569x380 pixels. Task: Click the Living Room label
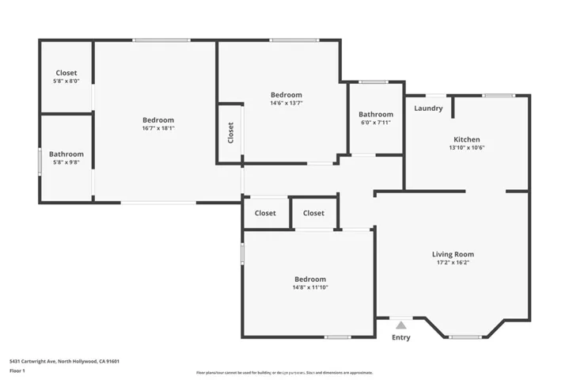click(453, 254)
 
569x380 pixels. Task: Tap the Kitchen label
click(466, 139)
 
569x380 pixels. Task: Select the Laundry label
click(428, 108)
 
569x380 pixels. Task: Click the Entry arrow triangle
click(401, 325)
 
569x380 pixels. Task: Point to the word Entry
click(401, 337)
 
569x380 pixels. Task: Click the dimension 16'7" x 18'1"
click(157, 128)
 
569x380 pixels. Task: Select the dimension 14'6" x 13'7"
click(286, 103)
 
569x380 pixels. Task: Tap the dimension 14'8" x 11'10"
click(309, 287)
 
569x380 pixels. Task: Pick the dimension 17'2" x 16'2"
click(453, 263)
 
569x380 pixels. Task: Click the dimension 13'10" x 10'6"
click(466, 147)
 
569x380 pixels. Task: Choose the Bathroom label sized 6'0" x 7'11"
click(376, 115)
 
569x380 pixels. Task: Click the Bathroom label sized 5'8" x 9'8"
click(66, 154)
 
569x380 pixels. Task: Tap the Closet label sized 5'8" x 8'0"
click(66, 73)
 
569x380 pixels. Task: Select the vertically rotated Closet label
click(230, 132)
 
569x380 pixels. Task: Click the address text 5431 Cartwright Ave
click(64, 361)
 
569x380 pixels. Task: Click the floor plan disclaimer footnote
click(284, 372)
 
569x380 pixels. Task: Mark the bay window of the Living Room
click(465, 337)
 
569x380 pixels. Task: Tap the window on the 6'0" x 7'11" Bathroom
click(373, 82)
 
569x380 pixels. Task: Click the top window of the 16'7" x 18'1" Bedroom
click(161, 40)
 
